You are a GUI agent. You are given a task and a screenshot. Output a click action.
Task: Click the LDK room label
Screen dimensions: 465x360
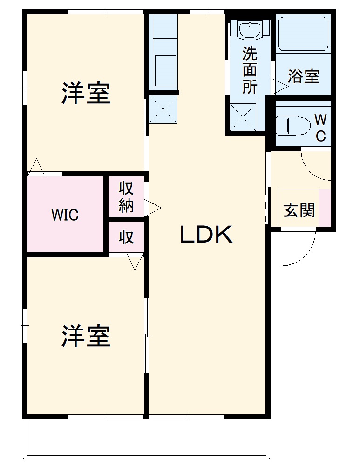[x=206, y=236]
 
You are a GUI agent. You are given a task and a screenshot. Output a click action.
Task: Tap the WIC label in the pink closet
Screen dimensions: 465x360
[x=65, y=215]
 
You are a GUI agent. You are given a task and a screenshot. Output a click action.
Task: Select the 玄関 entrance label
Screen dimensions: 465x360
[x=299, y=210]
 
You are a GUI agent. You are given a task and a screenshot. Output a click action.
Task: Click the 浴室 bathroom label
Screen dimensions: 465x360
[x=304, y=76]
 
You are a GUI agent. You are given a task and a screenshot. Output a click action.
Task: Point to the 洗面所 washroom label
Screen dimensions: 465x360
[x=250, y=70]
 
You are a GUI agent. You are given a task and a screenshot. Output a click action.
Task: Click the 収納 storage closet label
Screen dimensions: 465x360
[x=126, y=197]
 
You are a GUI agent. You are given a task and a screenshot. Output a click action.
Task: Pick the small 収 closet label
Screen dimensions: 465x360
[x=126, y=237]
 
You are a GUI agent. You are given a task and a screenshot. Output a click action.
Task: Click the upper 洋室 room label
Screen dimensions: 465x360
[x=86, y=93]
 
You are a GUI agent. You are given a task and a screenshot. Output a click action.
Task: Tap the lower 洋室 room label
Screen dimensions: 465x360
[x=86, y=336]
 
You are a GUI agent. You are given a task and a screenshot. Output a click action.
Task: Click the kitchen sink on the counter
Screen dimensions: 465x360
[x=164, y=68]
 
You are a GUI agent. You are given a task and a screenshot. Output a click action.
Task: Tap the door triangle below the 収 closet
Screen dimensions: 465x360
[x=136, y=262]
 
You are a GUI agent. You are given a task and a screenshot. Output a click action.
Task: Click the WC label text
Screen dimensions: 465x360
[x=320, y=128]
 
